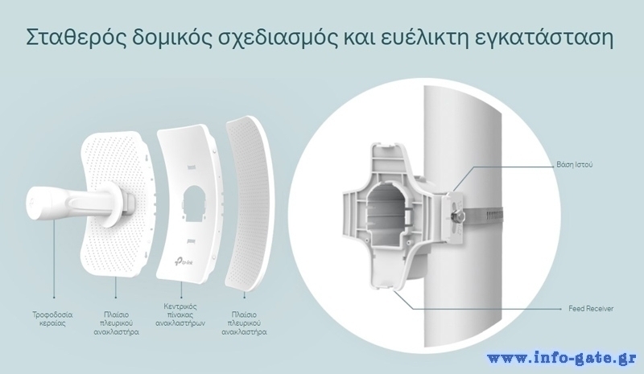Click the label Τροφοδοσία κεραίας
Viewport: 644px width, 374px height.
pos(52,319)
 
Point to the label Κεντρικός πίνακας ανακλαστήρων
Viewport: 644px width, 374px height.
pos(180,314)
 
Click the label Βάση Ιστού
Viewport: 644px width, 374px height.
pos(575,165)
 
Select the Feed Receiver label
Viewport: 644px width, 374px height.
pos(591,309)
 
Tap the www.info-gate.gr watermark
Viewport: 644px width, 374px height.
pos(562,358)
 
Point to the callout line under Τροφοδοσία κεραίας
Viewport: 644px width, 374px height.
pos(54,259)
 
